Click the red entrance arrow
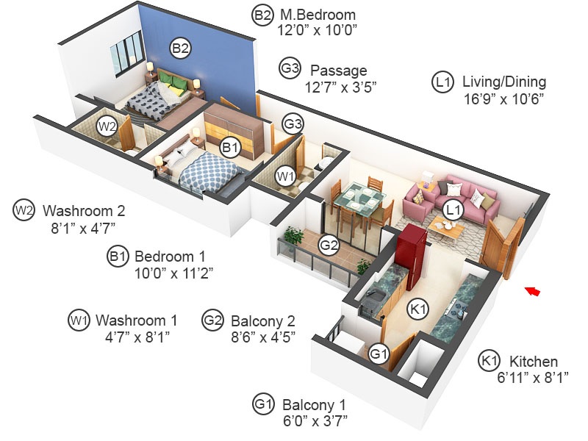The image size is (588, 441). (x=532, y=291)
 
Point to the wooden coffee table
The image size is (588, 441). (x=446, y=229)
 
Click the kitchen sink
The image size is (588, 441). (x=374, y=297)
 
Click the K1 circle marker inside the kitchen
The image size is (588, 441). (x=418, y=309)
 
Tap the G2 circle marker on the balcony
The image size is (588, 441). (x=329, y=245)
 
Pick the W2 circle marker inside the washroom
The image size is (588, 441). (x=107, y=126)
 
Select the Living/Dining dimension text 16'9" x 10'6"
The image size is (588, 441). (x=503, y=99)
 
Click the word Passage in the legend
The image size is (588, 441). (x=339, y=70)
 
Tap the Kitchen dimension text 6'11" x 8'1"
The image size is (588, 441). (x=533, y=377)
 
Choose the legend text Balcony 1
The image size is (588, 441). (x=314, y=405)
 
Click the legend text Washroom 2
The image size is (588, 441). (x=84, y=211)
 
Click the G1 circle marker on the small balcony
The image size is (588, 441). (x=379, y=354)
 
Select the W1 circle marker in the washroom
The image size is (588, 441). (x=286, y=176)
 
